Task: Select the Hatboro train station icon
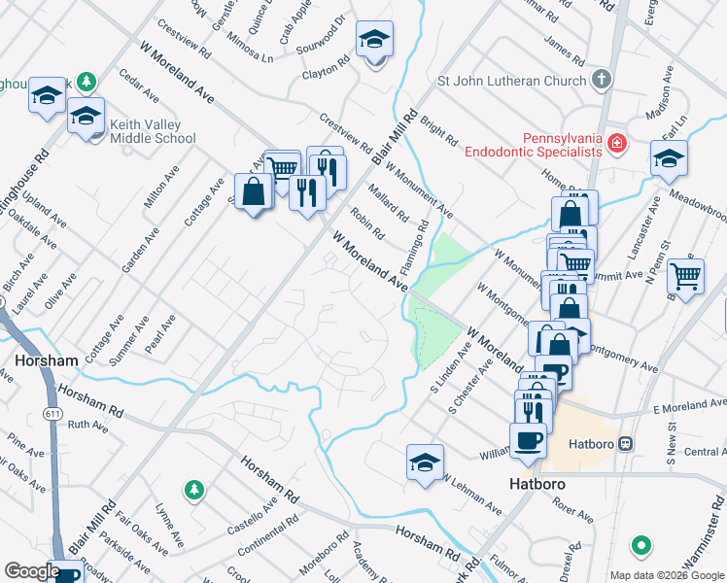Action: [626, 443]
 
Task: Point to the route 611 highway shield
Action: [51, 388]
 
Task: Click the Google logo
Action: [31, 571]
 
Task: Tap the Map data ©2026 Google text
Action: [666, 575]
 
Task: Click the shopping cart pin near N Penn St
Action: [686, 278]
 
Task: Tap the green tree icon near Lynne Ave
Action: [193, 488]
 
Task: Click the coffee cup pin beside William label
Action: [528, 441]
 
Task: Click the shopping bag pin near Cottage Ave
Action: [254, 192]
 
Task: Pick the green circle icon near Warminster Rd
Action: [640, 547]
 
